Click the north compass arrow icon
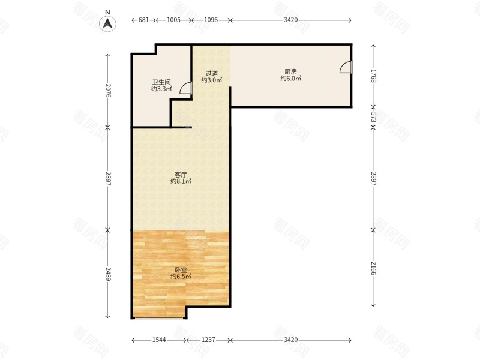(x=107, y=23)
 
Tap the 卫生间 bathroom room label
(x=161, y=82)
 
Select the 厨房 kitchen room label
(x=290, y=71)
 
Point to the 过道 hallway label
(x=211, y=73)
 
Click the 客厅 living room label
(x=181, y=175)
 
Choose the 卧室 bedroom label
(x=181, y=270)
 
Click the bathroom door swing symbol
(x=185, y=88)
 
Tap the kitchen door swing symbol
(x=346, y=67)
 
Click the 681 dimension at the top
(x=143, y=20)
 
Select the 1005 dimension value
(x=173, y=20)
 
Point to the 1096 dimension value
(x=211, y=20)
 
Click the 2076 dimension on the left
(x=108, y=91)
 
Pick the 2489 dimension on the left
(x=108, y=274)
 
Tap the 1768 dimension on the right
(x=373, y=76)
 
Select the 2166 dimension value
(x=373, y=268)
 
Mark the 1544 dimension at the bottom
(x=159, y=340)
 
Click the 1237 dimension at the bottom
(x=208, y=340)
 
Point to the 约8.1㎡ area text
(x=181, y=181)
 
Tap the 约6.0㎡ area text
(x=290, y=79)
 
